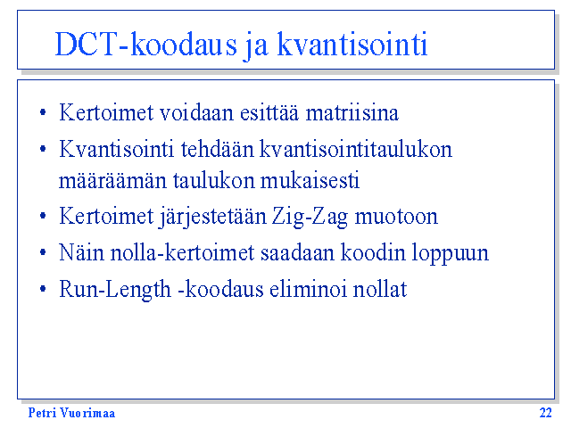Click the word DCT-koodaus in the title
point(145,44)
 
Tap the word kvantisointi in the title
point(352,44)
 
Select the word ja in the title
point(256,46)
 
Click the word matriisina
point(352,112)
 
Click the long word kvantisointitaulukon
point(356,149)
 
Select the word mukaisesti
point(310,180)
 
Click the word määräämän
point(113,181)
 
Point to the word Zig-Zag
point(310,218)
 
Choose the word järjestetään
point(213,218)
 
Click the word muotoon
point(396,218)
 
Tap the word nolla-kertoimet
point(182,252)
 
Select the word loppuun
point(450,253)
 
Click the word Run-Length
point(115,290)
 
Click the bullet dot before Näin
point(43,252)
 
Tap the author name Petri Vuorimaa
point(71,413)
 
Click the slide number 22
point(545,413)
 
